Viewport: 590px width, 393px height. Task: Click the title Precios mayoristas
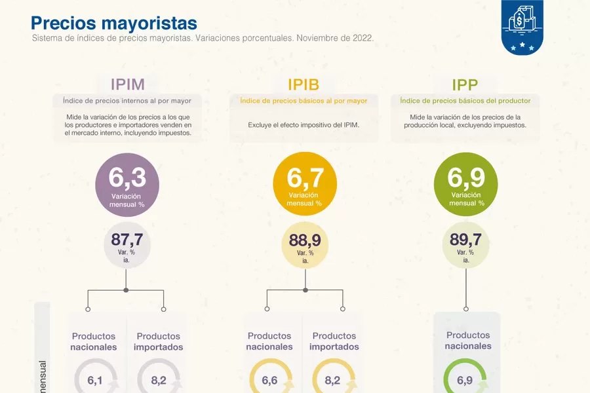(x=113, y=23)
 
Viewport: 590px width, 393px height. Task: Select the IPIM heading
(x=127, y=84)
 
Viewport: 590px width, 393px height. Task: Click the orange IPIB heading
(x=304, y=84)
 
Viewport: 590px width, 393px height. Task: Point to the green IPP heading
(x=465, y=84)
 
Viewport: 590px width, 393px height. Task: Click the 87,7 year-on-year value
(x=127, y=240)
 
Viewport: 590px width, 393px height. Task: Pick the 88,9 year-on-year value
(x=305, y=240)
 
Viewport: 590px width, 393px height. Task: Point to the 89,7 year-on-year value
(x=466, y=240)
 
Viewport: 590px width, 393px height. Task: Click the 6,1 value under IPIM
(x=95, y=381)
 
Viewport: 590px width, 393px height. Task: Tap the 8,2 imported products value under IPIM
(x=158, y=381)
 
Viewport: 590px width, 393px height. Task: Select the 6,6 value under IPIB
(x=270, y=381)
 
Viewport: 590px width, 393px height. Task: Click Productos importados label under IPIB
(x=334, y=341)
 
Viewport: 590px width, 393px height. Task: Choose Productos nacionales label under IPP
(x=468, y=341)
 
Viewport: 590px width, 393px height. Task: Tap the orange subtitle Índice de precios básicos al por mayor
(x=304, y=101)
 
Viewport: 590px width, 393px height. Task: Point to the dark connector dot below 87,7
(x=126, y=290)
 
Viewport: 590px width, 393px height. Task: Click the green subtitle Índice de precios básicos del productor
(x=465, y=101)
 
